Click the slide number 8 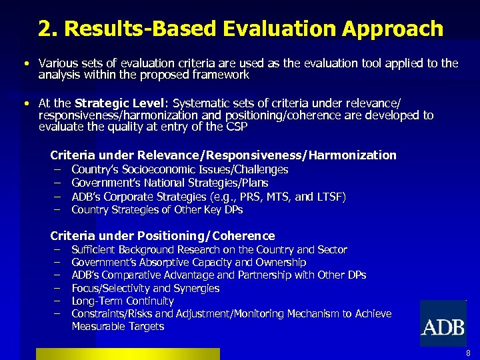tap(469, 353)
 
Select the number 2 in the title tap(45, 29)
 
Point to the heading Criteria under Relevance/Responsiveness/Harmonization tap(223, 155)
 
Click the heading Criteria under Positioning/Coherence tap(163, 235)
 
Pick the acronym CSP tap(236, 127)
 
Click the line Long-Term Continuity tap(122, 301)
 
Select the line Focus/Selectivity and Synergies tap(145, 288)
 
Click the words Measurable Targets tap(118, 327)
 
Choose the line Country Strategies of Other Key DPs tap(157, 210)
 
